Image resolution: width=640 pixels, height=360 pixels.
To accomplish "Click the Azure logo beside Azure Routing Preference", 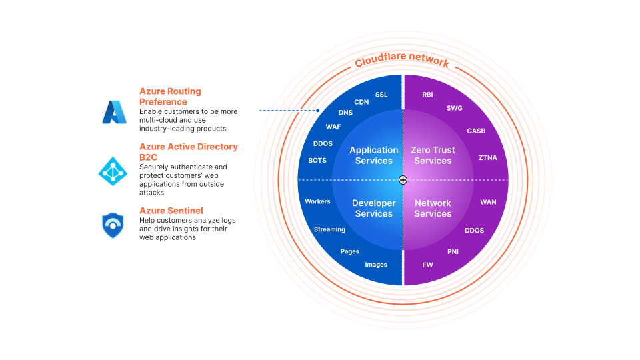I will coord(113,112).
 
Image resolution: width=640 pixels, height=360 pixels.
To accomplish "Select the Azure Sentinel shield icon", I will coord(113,225).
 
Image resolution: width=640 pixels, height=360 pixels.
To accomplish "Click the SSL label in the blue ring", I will coord(381,95).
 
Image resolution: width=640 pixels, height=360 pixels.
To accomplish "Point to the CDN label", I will coord(361,102).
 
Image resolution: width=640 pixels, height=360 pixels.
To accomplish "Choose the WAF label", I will coord(333,127).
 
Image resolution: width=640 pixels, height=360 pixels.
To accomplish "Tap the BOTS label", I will coord(317,161).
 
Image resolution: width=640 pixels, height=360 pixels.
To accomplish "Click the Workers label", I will coord(317,201).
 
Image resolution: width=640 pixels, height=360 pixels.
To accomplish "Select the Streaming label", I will coord(329,229).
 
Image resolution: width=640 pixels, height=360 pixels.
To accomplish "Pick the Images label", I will coord(376,265).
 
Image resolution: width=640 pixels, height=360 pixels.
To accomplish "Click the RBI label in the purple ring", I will coord(427,95).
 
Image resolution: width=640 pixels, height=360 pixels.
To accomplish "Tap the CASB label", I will coord(476,131).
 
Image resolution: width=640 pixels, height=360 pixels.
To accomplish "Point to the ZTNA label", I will coord(487,158).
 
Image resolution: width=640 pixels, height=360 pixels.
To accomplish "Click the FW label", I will coord(427,265).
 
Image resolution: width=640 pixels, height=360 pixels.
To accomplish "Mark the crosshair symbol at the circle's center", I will coord(403,180).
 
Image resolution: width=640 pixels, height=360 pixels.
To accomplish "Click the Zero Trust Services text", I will coord(433,155).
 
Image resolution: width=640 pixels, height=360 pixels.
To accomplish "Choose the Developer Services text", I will coord(373,209).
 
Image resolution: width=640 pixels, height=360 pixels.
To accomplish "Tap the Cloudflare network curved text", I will coord(402,61).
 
